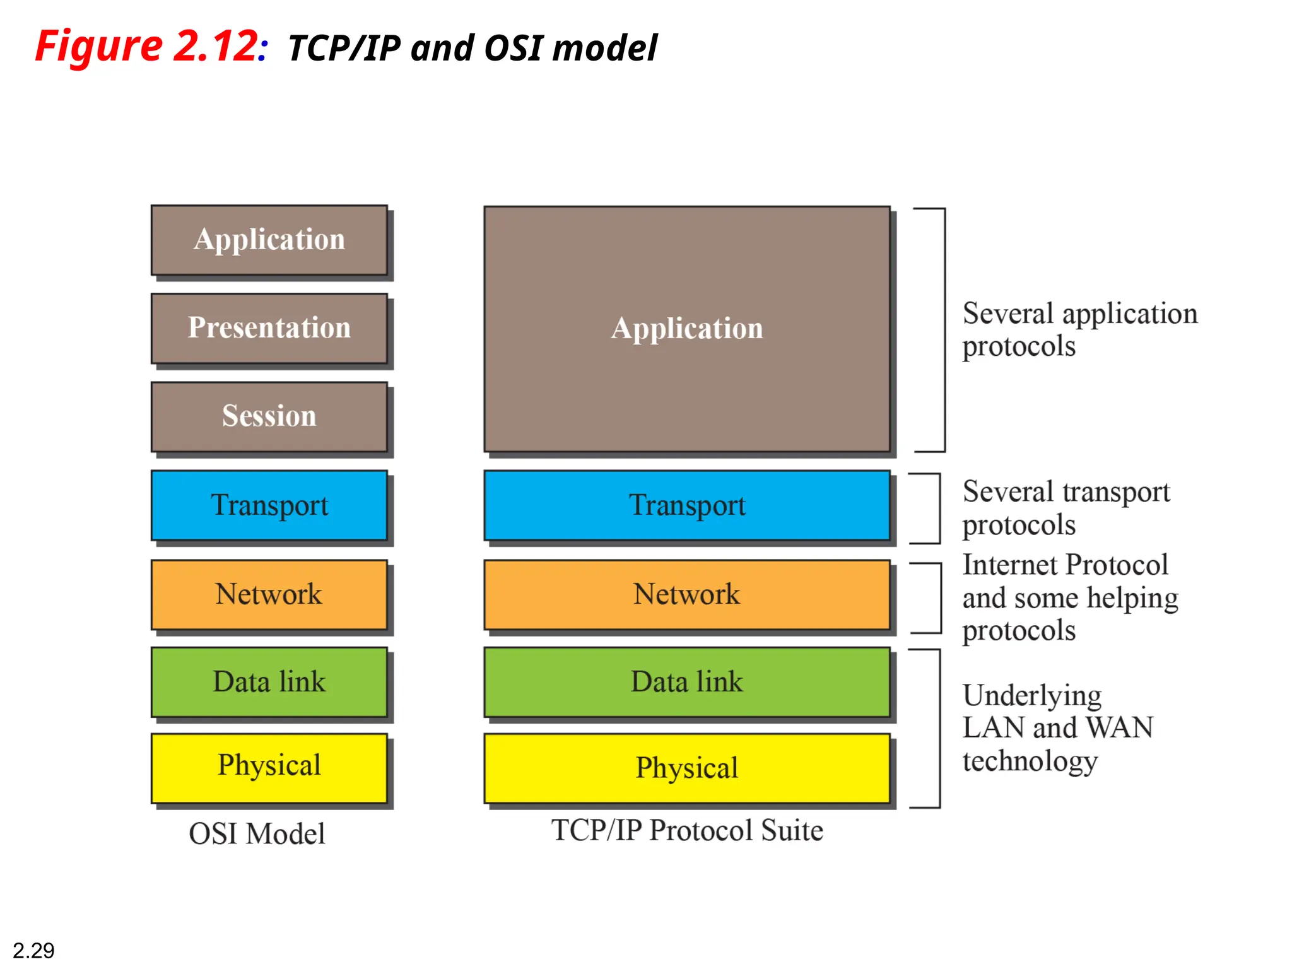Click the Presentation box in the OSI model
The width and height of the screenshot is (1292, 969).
pos(269,328)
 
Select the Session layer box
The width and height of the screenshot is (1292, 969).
pos(269,416)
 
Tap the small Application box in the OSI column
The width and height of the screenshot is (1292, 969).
pos(269,240)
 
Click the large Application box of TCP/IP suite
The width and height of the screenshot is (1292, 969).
pos(686,329)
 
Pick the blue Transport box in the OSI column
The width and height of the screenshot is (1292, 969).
pos(269,505)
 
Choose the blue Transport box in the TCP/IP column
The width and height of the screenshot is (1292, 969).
pos(686,505)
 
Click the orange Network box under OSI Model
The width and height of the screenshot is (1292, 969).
pos(269,594)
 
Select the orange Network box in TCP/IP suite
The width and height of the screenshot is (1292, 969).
pos(686,594)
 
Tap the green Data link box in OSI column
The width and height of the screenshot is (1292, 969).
pos(269,682)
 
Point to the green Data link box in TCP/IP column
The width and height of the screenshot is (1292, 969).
pos(686,682)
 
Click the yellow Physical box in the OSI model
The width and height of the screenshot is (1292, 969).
pos(269,767)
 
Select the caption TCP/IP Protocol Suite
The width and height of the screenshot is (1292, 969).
pos(686,830)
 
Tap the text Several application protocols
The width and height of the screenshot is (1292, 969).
pos(1079,330)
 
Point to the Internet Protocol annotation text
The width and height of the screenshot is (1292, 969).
pos(1069,597)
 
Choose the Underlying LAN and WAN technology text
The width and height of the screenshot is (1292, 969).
pos(1057,728)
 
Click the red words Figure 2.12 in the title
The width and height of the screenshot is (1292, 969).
pos(146,47)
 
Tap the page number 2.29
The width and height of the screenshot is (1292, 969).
pos(33,950)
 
